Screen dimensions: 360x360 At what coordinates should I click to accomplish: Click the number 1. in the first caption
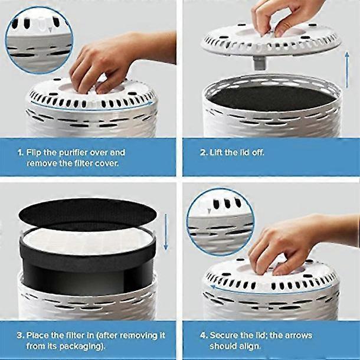pos(19,152)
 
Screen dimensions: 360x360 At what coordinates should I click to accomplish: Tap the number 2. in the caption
pos(203,152)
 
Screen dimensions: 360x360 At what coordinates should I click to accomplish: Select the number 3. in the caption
pos(19,335)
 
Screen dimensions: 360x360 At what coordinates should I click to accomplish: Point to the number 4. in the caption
pos(203,335)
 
